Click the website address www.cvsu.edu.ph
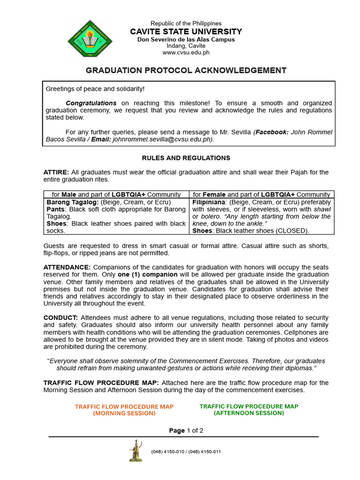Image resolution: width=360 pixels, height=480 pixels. click(x=186, y=53)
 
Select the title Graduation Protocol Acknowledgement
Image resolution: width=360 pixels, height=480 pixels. click(x=186, y=70)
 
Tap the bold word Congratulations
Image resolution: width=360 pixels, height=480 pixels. click(x=91, y=103)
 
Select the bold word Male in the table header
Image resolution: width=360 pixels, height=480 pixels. click(x=69, y=195)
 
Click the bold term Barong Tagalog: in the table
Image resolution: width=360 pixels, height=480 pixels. click(x=72, y=202)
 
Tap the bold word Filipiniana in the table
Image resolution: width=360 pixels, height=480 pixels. click(x=210, y=202)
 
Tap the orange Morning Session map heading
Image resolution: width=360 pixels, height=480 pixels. click(x=124, y=410)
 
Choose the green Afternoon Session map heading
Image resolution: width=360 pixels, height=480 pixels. click(x=249, y=410)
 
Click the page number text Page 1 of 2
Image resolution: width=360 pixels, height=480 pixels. click(x=186, y=431)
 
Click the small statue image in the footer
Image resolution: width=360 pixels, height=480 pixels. click(x=136, y=450)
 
